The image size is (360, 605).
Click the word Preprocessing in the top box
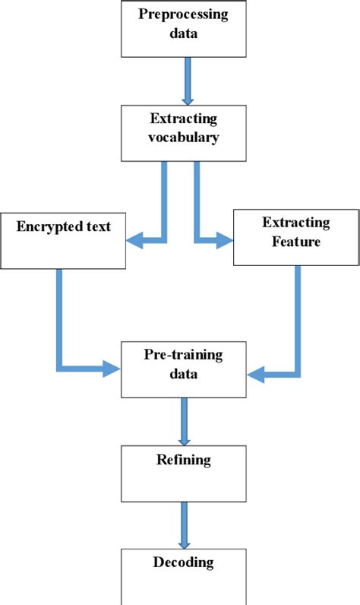187,14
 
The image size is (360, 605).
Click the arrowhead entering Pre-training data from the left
114,369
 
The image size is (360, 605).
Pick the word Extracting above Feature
295,223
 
